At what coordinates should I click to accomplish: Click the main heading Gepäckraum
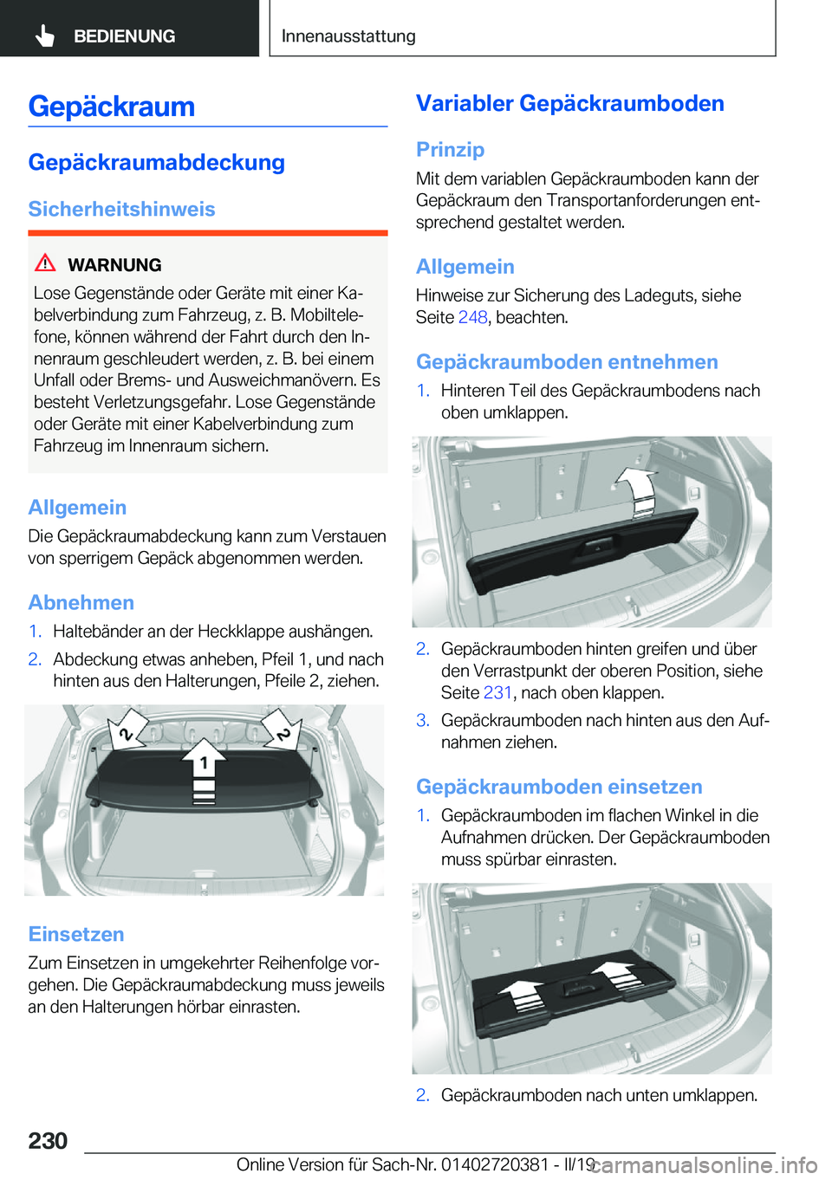point(111,107)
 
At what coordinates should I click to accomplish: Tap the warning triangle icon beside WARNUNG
point(45,263)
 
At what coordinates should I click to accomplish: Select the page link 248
point(472,318)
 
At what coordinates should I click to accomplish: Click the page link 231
point(497,693)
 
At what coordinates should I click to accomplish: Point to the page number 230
point(48,1140)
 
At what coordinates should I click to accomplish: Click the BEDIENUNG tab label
point(124,36)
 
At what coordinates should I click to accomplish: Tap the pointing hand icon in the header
point(44,36)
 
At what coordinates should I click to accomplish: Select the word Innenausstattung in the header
point(348,36)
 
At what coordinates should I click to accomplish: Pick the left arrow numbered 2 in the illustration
point(127,729)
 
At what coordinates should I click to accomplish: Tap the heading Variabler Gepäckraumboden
point(569,104)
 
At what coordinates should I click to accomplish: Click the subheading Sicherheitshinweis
point(121,210)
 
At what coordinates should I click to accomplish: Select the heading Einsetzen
point(76,934)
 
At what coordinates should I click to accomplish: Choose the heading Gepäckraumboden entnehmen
point(567,362)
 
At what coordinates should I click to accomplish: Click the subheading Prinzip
point(450,150)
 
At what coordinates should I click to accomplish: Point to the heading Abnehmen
point(81,603)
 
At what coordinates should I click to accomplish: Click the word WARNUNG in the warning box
point(114,265)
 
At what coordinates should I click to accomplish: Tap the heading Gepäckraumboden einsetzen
point(559,787)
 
